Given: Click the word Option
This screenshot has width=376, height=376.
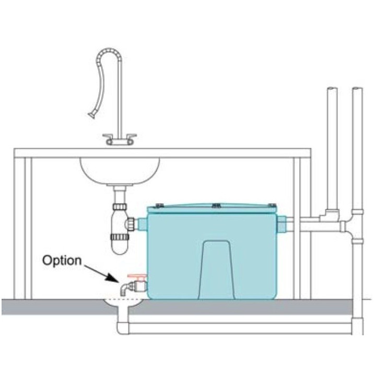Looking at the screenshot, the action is tap(62, 261).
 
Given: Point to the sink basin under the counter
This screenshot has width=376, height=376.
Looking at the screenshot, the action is tap(120, 171).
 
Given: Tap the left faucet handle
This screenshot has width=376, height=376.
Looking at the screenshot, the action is tap(108, 136).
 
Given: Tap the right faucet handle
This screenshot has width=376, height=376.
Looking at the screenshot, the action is tap(132, 136).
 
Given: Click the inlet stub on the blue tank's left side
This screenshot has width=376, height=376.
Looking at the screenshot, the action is tap(142, 224).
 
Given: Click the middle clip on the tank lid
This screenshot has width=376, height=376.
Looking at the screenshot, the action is tap(216, 205).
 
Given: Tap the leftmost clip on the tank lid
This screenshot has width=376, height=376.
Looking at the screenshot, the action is tap(159, 206).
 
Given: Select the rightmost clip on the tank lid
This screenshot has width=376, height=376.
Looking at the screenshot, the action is tap(272, 205).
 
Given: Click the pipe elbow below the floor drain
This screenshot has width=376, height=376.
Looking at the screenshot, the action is tap(123, 327).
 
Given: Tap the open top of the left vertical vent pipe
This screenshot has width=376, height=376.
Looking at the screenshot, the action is tap(332, 89).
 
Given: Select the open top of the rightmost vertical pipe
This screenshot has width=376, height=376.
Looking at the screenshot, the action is tap(357, 89).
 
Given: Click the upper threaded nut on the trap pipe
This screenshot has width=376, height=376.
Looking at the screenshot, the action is tap(120, 206).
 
